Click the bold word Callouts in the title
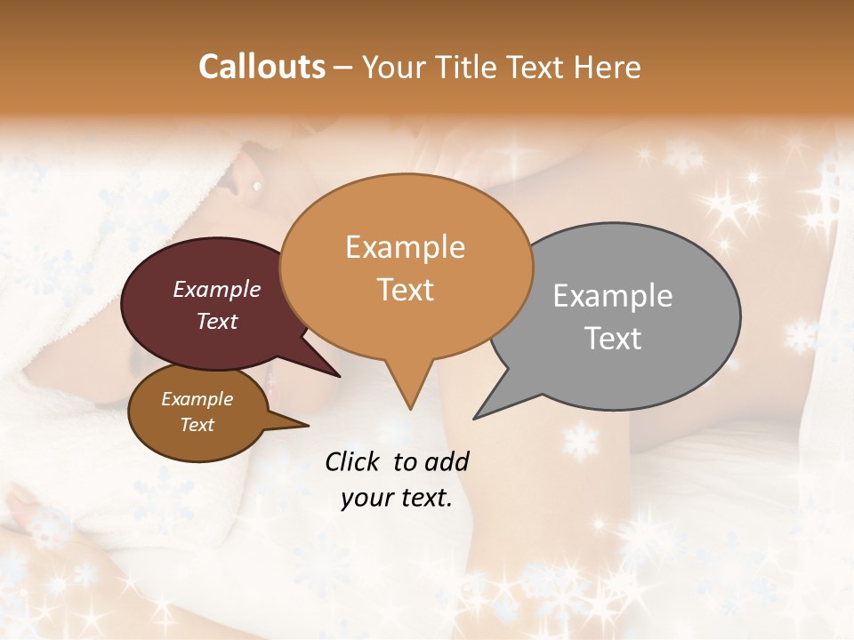(262, 67)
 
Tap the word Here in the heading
(608, 67)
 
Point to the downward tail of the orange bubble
(409, 391)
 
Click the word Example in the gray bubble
(612, 296)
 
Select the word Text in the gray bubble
(614, 339)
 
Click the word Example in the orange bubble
(405, 247)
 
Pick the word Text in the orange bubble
(406, 290)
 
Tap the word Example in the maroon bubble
(216, 289)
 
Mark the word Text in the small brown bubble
(197, 425)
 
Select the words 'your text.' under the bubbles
(396, 498)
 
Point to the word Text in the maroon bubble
(217, 321)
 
